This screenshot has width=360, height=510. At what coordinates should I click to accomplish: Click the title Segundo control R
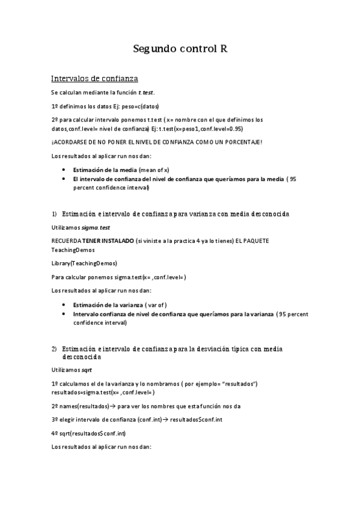(x=180, y=50)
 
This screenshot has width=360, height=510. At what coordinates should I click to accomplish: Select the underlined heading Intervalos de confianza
(x=94, y=78)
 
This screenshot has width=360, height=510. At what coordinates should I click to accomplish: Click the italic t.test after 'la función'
(x=146, y=92)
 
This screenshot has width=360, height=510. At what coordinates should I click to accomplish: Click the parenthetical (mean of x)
(x=154, y=170)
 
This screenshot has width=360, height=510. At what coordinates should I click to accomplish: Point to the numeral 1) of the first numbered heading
(x=53, y=214)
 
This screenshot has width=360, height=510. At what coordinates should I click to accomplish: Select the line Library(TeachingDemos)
(x=84, y=263)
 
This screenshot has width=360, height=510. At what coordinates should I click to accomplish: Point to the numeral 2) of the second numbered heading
(x=53, y=349)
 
